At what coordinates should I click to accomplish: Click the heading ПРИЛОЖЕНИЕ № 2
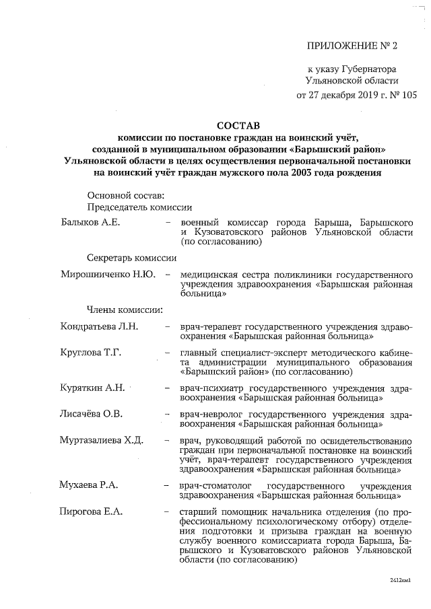click(x=352, y=46)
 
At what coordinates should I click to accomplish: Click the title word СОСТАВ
click(x=237, y=125)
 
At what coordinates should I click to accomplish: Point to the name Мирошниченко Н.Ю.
click(x=108, y=275)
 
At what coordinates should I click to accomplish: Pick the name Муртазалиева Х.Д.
click(x=102, y=440)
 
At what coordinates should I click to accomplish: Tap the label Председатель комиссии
click(x=139, y=207)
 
